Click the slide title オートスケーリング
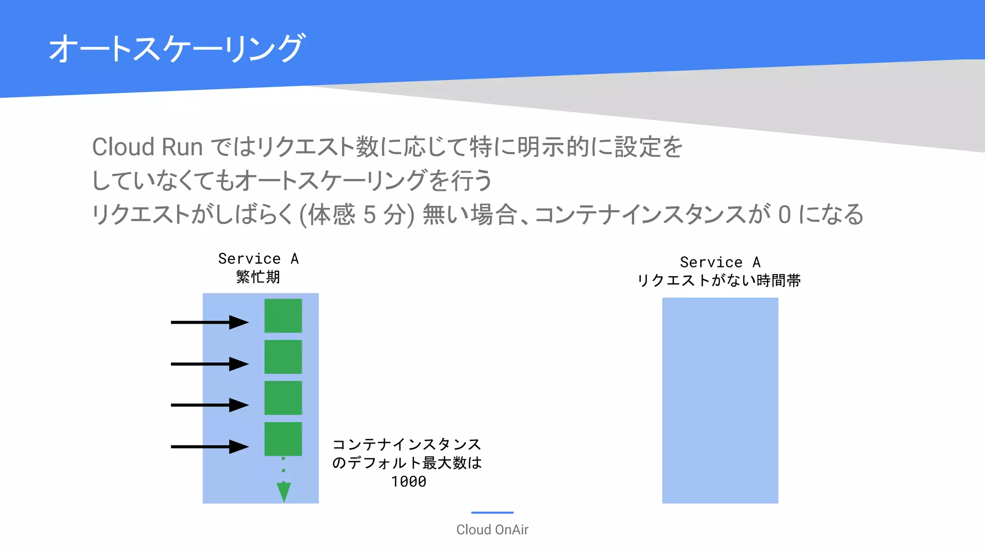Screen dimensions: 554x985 coord(176,48)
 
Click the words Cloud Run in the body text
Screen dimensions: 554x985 coord(147,147)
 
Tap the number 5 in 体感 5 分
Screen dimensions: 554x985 coord(369,214)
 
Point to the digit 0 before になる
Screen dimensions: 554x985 coord(784,214)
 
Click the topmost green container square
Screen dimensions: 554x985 coord(283,315)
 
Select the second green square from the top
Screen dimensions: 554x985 coord(283,357)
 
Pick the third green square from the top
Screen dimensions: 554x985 coord(283,398)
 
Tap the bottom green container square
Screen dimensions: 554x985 coord(283,439)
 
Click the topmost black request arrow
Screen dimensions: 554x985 coord(209,322)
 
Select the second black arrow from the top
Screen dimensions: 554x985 coord(209,364)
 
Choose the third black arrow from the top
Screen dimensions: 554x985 coord(209,405)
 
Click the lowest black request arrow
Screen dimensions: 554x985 coord(209,447)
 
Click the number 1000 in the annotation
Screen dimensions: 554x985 coord(408,482)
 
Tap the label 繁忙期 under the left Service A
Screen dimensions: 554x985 coord(258,277)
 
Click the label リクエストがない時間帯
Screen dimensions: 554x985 coord(719,280)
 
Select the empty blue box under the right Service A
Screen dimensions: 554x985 coord(720,400)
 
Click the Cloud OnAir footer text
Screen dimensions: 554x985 coord(492,529)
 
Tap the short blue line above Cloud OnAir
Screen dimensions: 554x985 coord(492,513)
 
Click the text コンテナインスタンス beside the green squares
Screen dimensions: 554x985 coord(406,444)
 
